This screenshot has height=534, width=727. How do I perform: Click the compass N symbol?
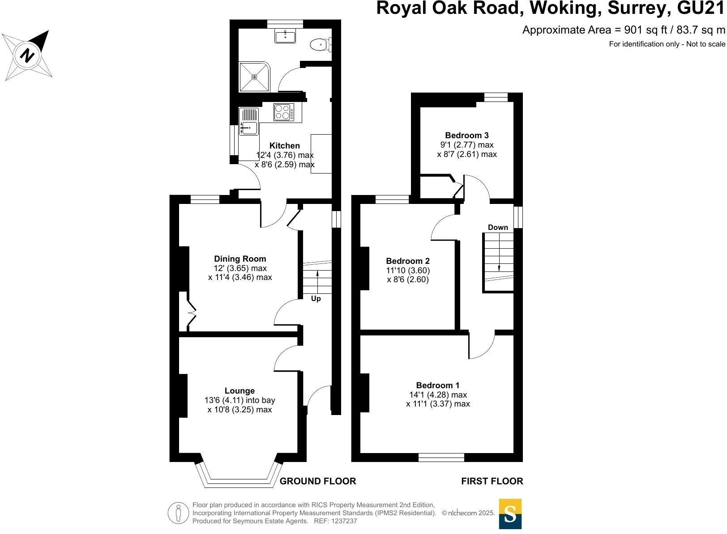[x=27, y=55]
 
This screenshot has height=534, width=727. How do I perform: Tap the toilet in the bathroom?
[x=321, y=44]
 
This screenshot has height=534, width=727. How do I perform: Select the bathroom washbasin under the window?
[x=285, y=36]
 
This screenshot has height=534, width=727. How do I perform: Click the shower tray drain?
[x=254, y=77]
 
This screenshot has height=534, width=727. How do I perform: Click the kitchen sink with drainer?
[x=248, y=122]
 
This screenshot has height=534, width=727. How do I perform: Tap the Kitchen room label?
[x=285, y=146]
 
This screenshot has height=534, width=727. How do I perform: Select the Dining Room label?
[x=240, y=259]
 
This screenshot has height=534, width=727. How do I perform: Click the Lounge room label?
[x=240, y=391]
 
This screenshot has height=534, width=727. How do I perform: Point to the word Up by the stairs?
[x=316, y=299]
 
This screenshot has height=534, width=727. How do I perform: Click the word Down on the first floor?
[x=498, y=227]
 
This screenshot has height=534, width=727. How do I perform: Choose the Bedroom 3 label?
[x=467, y=135]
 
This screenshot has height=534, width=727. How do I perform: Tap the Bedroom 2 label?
[x=408, y=261]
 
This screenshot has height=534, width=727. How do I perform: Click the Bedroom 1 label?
[x=438, y=385]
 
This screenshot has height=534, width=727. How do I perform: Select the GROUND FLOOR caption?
[x=318, y=481]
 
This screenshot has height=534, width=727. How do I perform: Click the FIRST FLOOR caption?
[x=492, y=481]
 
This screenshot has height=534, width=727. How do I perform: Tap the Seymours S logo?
[x=510, y=514]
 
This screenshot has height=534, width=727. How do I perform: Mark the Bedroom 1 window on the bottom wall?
[x=441, y=457]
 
